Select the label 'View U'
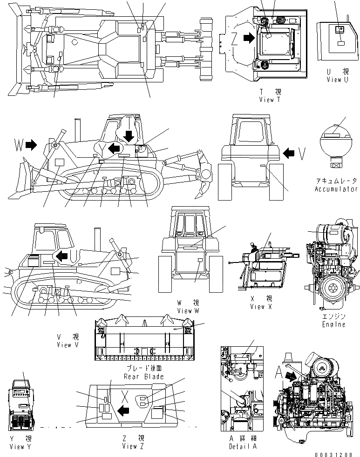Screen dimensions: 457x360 (x=337, y=80)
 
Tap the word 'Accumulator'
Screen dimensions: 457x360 (x=336, y=189)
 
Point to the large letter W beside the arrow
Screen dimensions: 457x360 (x=18, y=146)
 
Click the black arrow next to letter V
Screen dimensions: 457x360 (x=289, y=152)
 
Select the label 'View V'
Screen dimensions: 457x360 (x=64, y=345)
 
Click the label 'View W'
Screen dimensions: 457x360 (x=188, y=310)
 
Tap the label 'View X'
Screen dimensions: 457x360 (x=261, y=306)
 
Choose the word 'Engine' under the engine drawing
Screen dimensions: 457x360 (x=334, y=324)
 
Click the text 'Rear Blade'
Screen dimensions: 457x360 (x=143, y=376)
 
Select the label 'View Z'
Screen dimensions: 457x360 (x=133, y=446)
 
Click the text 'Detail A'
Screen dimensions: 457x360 (x=243, y=446)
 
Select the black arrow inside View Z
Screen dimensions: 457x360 (x=123, y=410)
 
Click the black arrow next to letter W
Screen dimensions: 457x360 (x=31, y=146)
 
